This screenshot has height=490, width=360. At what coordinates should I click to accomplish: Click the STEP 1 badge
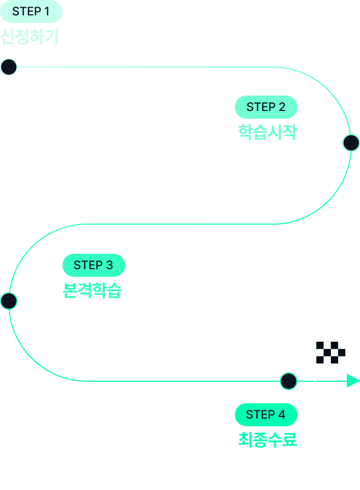31,12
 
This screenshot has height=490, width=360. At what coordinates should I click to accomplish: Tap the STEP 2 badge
266,107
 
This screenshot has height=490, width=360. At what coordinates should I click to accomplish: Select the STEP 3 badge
93,265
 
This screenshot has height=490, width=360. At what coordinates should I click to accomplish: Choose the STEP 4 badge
266,414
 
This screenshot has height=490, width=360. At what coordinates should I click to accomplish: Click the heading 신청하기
30,36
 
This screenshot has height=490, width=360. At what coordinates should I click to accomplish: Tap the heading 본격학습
92,290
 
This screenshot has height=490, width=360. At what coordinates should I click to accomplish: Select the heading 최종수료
267,439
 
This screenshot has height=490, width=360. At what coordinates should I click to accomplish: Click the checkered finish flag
330,353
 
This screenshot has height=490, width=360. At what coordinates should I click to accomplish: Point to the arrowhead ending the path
353,381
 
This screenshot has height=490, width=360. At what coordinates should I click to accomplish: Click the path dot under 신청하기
9,67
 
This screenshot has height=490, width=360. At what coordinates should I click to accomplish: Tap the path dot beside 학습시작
351,143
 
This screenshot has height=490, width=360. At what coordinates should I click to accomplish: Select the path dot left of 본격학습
9,301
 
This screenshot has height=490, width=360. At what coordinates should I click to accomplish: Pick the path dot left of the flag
289,381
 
